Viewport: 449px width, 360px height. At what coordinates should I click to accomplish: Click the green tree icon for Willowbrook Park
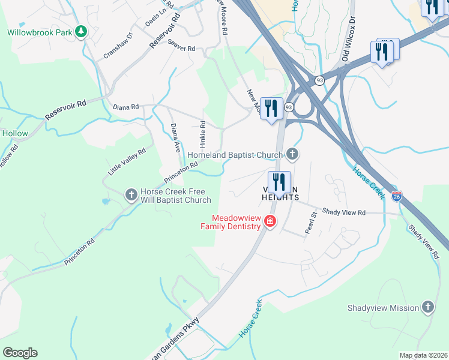80,32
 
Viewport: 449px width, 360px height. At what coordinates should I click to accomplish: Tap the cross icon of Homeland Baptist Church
292,155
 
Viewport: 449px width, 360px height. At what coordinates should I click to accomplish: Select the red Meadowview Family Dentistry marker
270,221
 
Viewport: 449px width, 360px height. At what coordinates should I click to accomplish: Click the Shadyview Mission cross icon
427,307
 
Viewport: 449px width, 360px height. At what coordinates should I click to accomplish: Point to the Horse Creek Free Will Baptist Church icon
131,194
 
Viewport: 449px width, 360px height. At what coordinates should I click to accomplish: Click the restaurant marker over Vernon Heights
279,181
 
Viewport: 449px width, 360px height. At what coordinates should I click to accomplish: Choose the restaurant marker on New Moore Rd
271,109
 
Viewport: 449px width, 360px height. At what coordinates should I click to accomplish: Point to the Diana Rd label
126,107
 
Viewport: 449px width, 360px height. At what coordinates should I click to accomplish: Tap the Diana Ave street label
176,138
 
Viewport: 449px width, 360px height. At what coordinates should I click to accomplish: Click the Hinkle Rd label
203,136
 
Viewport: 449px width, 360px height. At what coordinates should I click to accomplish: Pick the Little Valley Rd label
127,162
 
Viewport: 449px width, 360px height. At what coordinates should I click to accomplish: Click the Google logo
20,353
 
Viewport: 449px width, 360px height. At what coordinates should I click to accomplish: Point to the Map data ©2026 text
423,355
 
